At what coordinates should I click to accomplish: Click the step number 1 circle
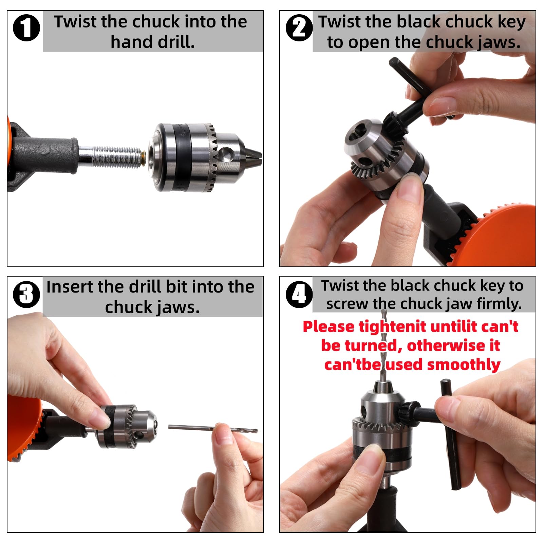coord(26,28)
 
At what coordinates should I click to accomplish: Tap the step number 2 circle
coord(299,28)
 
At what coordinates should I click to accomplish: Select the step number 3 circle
coord(26,294)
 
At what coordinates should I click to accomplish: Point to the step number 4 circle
coord(299,294)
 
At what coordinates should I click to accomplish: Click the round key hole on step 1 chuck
coord(225,155)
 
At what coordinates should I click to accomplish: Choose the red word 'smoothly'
coord(464,365)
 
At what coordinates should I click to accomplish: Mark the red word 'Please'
coord(329,326)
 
